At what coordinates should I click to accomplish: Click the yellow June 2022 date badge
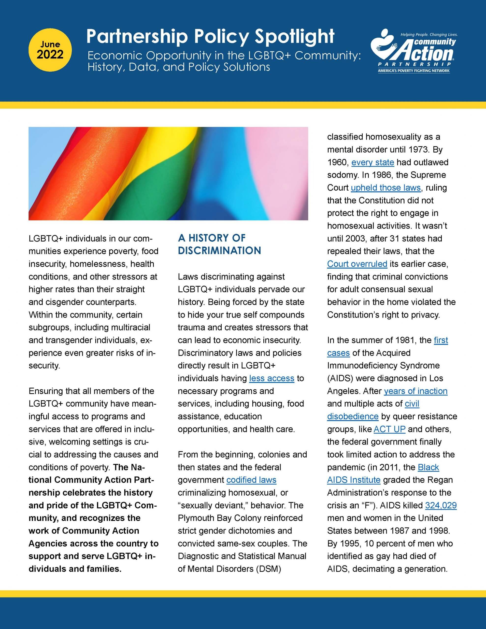point(50,50)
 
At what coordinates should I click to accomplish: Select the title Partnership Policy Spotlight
point(210,37)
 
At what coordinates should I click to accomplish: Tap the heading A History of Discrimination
point(219,244)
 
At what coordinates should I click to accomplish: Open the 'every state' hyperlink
point(372,162)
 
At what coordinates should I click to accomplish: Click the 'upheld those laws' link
point(386,188)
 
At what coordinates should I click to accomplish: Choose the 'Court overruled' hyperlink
point(357,264)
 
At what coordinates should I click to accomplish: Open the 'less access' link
point(272,378)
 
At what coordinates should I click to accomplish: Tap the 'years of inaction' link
point(415,391)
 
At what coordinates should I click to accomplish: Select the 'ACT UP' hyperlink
point(389,429)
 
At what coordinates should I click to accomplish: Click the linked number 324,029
point(441,505)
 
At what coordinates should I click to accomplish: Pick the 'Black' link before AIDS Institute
point(429,467)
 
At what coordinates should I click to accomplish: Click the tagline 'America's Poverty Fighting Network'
point(414,71)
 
